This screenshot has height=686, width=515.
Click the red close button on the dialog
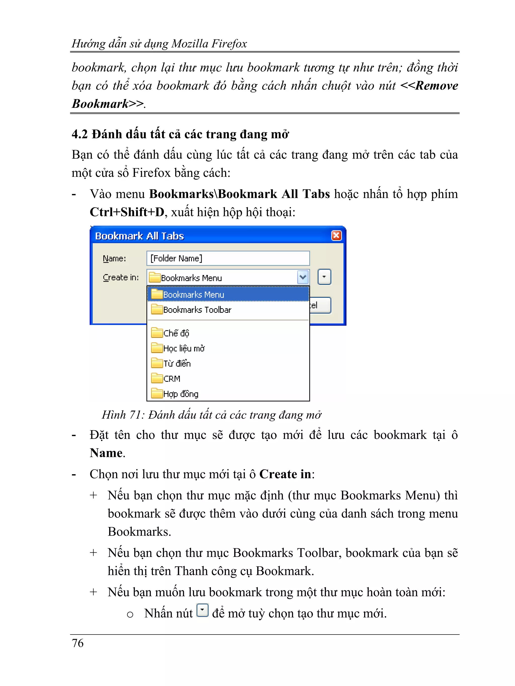point(336,236)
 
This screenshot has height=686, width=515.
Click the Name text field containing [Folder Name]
point(228,258)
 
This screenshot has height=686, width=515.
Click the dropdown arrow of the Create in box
point(303,277)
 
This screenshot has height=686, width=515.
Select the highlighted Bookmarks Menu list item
point(228,294)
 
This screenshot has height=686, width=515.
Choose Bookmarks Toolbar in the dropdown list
point(197,309)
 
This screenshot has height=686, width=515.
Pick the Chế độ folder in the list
point(176,333)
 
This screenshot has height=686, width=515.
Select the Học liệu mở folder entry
point(184,348)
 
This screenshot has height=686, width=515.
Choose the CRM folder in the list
point(171,379)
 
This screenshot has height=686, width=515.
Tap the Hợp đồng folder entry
point(180,394)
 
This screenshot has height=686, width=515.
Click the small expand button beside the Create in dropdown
point(324,277)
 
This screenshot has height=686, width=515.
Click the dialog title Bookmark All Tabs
point(139,236)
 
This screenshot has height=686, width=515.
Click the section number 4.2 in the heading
point(79,135)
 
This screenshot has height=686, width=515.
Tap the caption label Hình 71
point(122,415)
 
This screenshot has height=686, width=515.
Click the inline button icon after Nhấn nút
point(202,610)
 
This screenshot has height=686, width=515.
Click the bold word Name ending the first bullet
point(106,453)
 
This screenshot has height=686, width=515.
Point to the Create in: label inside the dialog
point(120,277)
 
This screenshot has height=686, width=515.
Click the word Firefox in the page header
point(229,44)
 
